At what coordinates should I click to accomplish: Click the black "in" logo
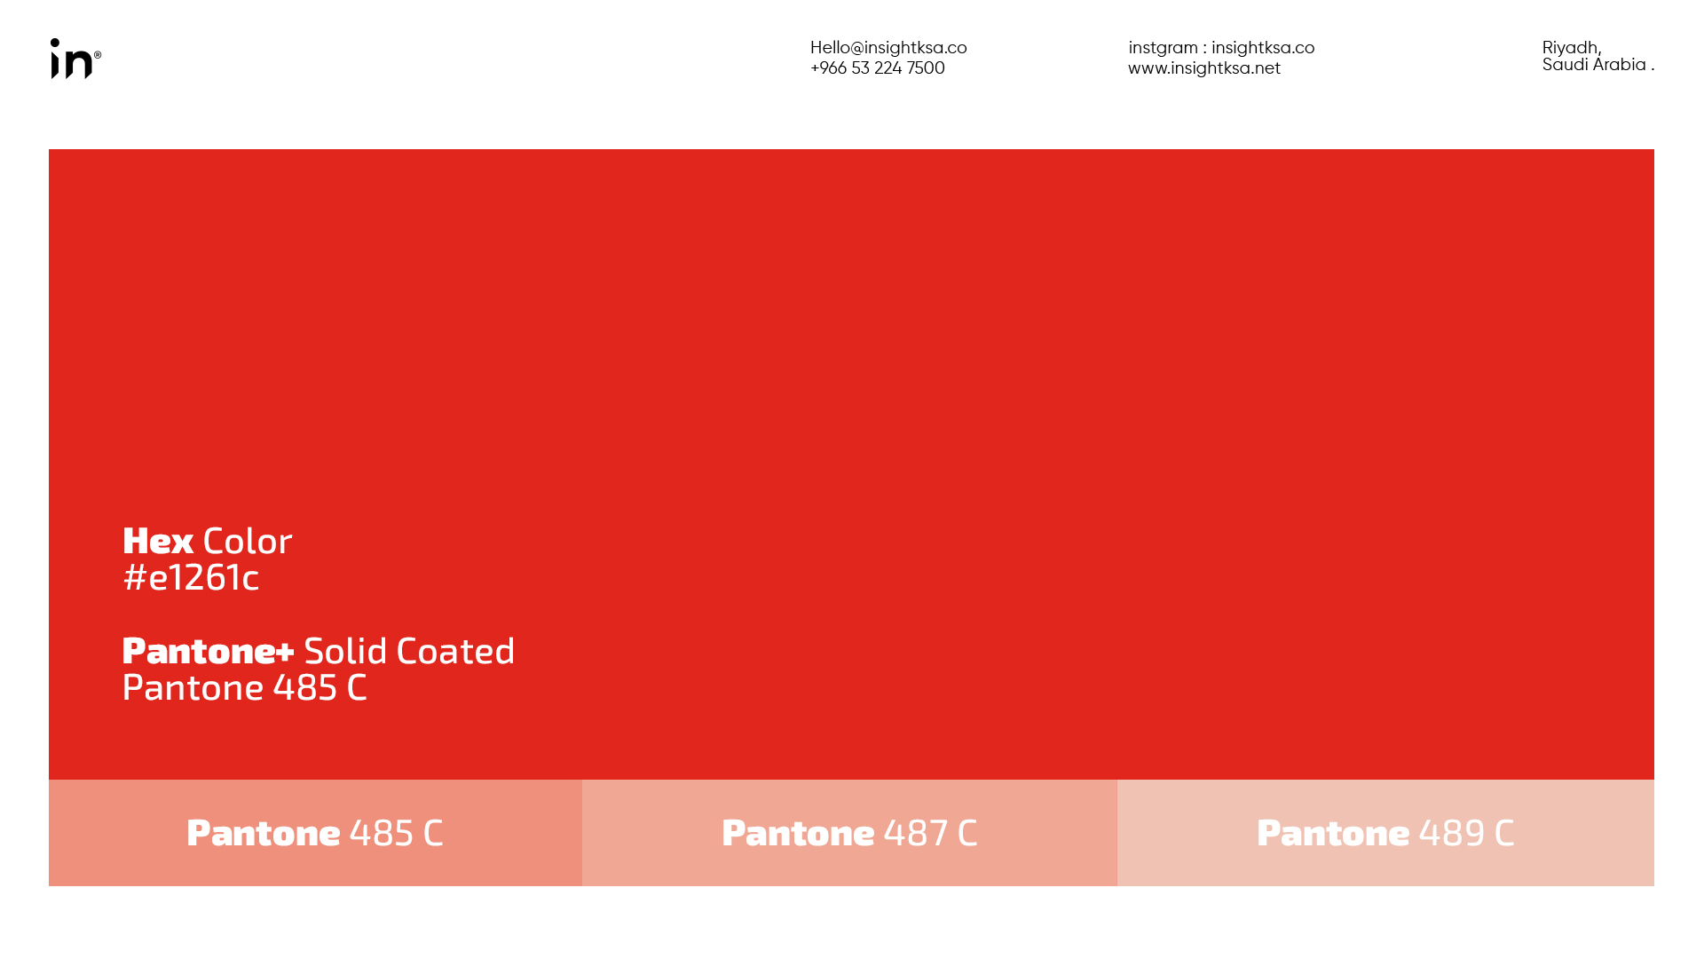(72, 59)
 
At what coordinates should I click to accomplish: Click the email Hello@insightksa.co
(888, 48)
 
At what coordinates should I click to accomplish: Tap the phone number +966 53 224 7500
(878, 68)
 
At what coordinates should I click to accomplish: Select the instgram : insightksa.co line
(1221, 48)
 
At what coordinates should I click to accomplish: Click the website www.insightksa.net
(1204, 68)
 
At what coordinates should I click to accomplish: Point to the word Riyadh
(1571, 48)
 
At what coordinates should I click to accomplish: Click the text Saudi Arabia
(1594, 65)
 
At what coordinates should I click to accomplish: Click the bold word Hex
(158, 541)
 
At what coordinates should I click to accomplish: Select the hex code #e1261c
(191, 577)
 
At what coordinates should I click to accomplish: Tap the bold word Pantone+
(209, 651)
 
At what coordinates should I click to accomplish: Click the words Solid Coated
(409, 651)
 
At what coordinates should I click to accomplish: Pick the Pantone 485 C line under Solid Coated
(244, 687)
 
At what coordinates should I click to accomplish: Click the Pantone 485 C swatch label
(315, 833)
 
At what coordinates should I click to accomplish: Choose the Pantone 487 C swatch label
(849, 833)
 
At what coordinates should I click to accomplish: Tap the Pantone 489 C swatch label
(1385, 833)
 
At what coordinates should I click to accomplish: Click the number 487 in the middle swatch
(916, 833)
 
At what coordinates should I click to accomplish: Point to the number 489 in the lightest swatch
(1452, 833)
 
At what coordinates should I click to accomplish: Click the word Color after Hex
(248, 541)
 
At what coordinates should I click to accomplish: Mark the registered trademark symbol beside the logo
(98, 55)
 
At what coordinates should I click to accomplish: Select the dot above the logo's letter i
(55, 43)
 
